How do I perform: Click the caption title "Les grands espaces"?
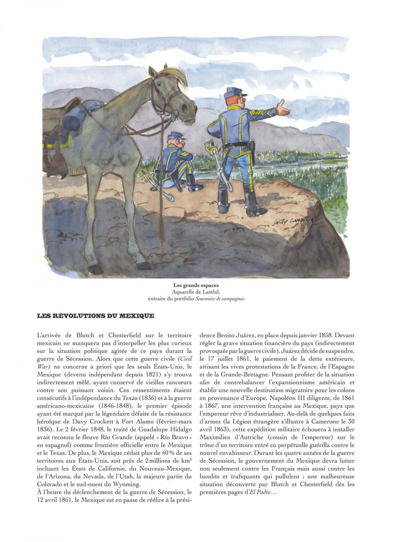[x=196, y=285]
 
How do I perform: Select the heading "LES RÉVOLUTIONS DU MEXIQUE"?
[x=96, y=316]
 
